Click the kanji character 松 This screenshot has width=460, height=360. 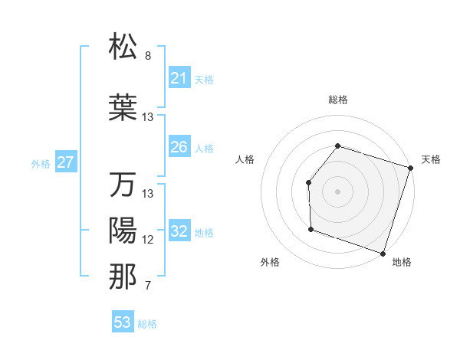[123, 47]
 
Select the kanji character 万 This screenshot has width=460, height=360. [123, 185]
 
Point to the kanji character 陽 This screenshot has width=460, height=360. [123, 231]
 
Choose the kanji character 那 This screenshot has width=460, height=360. [123, 277]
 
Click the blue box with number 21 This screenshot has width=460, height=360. [179, 78]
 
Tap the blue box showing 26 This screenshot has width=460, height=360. [179, 147]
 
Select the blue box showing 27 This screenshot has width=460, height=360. [65, 162]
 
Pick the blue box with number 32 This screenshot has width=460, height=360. [179, 231]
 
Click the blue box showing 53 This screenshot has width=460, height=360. [122, 322]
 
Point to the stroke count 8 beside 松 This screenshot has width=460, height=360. [148, 56]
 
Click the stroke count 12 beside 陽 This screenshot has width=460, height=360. [148, 240]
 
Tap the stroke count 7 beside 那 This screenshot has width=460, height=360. [148, 286]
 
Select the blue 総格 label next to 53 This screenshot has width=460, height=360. [147, 324]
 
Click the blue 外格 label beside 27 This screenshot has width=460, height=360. [41, 163]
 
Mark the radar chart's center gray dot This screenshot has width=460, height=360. [337, 191]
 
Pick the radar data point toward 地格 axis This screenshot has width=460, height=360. [383, 253]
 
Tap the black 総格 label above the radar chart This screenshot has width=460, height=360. [337, 100]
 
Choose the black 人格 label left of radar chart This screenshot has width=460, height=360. [245, 159]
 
